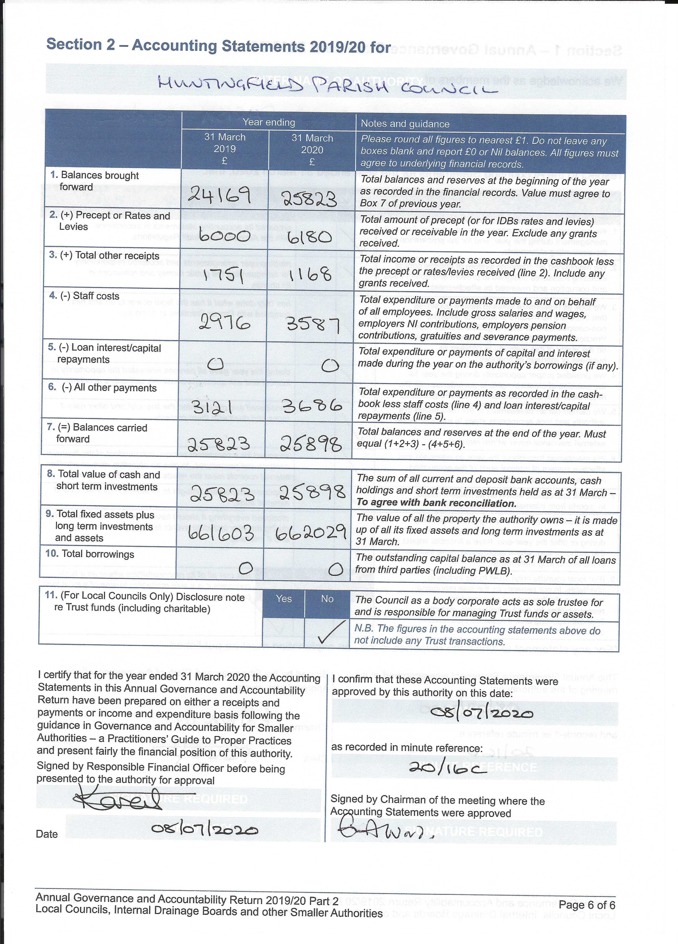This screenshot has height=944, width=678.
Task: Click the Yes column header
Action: [284, 599]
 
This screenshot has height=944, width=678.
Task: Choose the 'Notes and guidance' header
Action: [405, 124]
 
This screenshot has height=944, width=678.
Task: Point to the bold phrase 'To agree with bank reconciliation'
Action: [436, 503]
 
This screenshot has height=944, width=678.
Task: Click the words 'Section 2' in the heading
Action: [80, 44]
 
